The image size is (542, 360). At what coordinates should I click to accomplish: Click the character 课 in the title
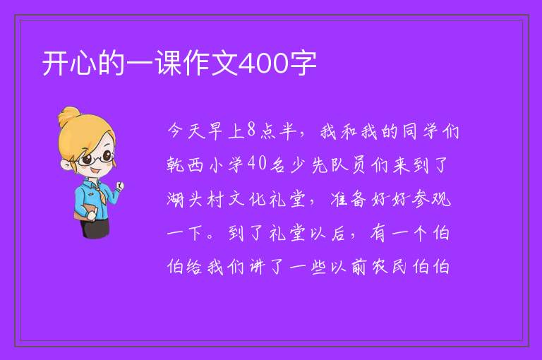(x=169, y=63)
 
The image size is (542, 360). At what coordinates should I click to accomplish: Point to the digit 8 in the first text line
(x=252, y=130)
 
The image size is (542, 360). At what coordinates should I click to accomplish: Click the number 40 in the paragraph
(x=257, y=164)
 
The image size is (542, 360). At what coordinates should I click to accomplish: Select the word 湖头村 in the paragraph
(x=196, y=199)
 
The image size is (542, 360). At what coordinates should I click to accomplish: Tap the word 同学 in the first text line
(x=420, y=131)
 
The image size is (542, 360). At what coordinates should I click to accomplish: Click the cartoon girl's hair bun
(x=69, y=116)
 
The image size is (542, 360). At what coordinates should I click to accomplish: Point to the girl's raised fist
(x=119, y=186)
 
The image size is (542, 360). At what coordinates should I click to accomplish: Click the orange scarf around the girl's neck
(x=100, y=188)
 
